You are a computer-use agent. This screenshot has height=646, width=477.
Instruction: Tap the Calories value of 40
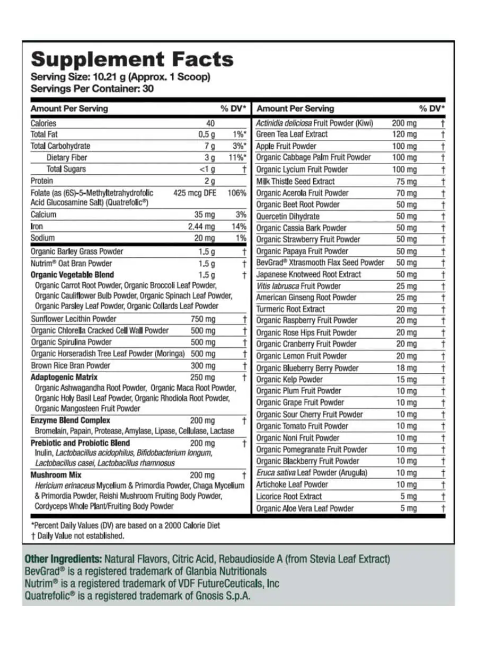210,123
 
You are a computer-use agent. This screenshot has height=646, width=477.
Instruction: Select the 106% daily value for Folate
237,193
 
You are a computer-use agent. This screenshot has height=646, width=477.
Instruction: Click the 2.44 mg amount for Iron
202,227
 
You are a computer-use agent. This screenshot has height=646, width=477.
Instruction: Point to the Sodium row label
42,238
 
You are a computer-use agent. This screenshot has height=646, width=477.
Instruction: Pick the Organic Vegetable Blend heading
72,275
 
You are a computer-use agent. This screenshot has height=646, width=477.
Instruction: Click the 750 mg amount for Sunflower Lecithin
203,319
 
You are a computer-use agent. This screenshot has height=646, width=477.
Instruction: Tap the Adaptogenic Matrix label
64,378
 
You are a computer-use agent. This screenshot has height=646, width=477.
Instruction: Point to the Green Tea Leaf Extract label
292,134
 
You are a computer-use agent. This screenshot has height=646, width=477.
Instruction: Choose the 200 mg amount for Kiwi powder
404,123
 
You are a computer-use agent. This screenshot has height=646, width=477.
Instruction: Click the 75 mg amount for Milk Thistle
407,182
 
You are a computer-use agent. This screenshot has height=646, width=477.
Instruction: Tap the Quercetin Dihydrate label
288,217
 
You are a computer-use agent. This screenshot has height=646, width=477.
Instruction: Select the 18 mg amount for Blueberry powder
407,368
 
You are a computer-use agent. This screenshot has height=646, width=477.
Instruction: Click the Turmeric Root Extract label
290,309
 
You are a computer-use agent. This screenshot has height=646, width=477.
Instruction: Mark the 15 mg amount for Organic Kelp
407,380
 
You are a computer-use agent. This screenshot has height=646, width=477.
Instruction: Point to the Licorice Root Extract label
289,497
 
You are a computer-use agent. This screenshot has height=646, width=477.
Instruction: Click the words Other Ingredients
63,559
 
